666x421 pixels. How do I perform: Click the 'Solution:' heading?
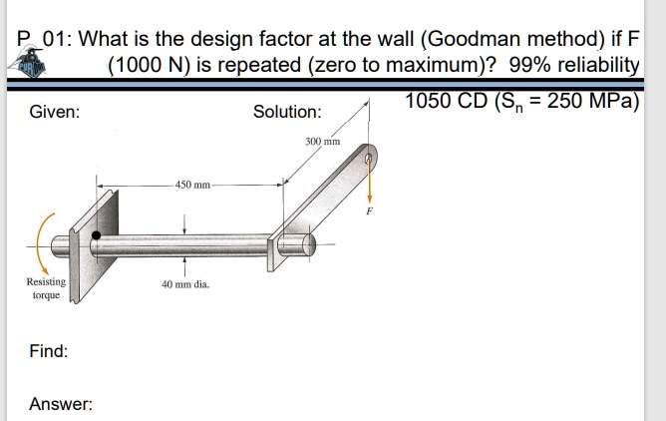(x=287, y=113)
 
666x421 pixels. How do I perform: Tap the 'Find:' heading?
(x=49, y=351)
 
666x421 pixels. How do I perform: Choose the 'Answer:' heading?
(x=61, y=404)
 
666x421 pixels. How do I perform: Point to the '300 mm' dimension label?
(x=323, y=142)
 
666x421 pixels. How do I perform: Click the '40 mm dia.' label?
(x=184, y=284)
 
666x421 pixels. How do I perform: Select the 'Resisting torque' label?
(x=45, y=289)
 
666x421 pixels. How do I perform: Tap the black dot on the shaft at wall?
(x=97, y=236)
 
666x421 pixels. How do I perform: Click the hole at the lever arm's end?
(x=369, y=157)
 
